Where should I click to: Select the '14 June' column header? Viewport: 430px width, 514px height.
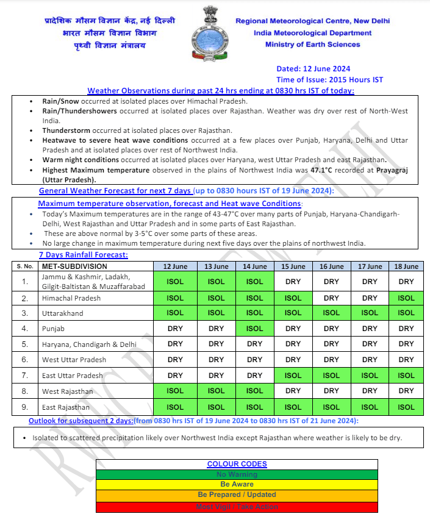click(254, 266)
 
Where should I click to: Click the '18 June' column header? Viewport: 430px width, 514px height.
click(406, 266)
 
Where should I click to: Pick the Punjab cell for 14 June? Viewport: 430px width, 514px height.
click(254, 329)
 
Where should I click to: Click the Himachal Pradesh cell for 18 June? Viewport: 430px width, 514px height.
click(406, 298)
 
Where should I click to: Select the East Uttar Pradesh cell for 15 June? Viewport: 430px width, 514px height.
click(293, 376)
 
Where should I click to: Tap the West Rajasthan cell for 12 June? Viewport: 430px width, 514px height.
click(175, 391)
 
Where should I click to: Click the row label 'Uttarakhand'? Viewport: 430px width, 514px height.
click(61, 313)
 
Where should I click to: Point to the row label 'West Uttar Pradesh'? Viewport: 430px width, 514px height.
click(74, 360)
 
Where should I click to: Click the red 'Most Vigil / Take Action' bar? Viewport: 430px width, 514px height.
click(237, 507)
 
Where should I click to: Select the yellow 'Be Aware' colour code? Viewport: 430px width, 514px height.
click(237, 485)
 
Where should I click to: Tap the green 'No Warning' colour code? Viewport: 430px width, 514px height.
click(237, 474)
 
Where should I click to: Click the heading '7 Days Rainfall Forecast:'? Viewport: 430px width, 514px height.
click(83, 255)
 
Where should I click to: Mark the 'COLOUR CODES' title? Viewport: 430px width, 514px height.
click(237, 464)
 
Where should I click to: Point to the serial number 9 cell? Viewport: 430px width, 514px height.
click(24, 407)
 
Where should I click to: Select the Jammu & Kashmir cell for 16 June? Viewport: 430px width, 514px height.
click(331, 282)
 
